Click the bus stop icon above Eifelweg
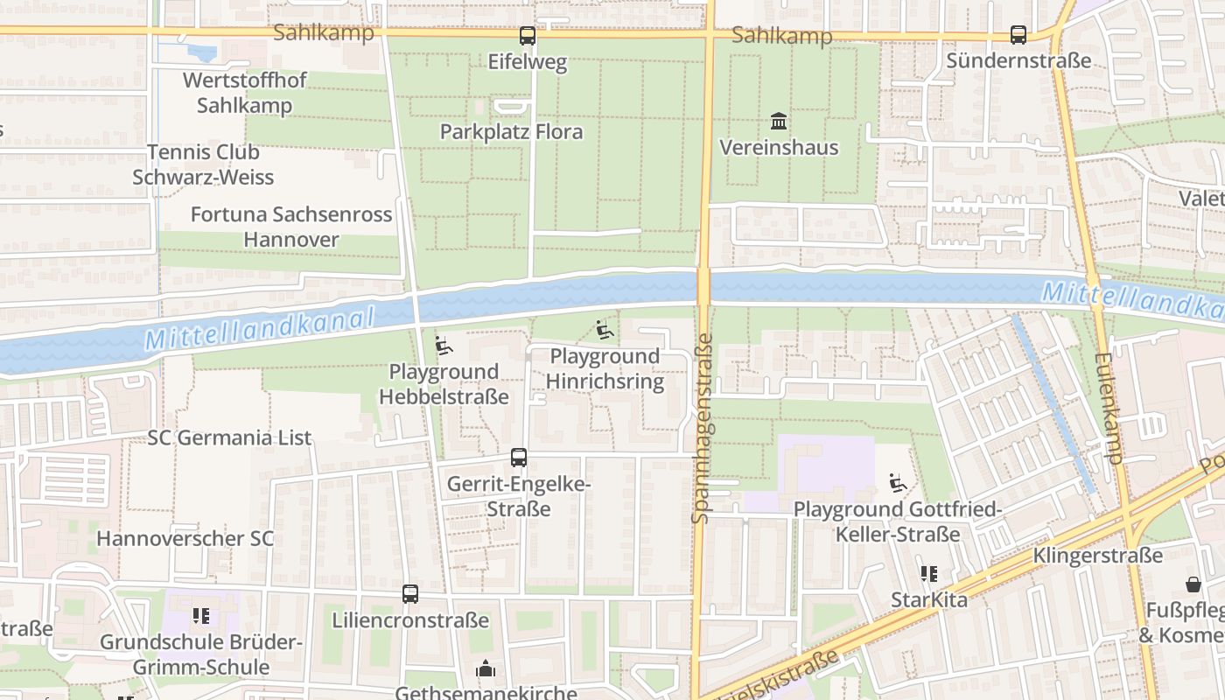(527, 36)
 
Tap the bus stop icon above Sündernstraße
(1018, 35)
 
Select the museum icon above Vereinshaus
(778, 121)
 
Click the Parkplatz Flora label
(511, 132)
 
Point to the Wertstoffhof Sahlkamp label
(244, 93)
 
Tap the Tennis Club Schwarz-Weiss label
(203, 164)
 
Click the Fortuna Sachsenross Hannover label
(290, 227)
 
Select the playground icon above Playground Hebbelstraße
(444, 346)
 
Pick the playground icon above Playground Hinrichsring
(604, 330)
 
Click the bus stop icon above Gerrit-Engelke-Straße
(519, 458)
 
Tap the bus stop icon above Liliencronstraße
(410, 594)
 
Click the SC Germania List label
(229, 437)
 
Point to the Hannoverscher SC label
(185, 538)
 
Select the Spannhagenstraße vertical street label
(701, 428)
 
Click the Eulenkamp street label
(1108, 408)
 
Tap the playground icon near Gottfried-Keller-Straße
(898, 483)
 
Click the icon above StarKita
(928, 575)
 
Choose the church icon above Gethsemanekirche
(486, 670)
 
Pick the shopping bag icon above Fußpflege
(1193, 584)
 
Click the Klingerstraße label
(1097, 556)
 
